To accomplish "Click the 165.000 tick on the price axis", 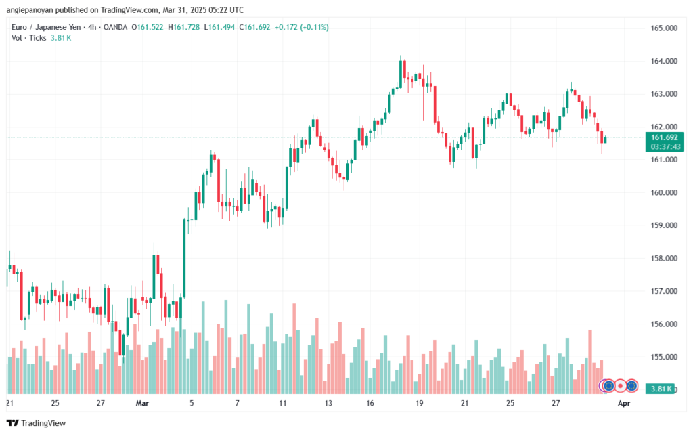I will pyautogui.click(x=664, y=28).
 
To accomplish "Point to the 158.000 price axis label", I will pyautogui.click(x=664, y=258).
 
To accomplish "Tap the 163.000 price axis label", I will pyautogui.click(x=664, y=93).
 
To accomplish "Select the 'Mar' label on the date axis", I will pyautogui.click(x=142, y=403).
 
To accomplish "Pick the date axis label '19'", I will pyautogui.click(x=420, y=403).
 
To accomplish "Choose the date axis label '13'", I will pyautogui.click(x=328, y=403).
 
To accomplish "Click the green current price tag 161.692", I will pyautogui.click(x=664, y=137).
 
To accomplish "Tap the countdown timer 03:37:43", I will pyautogui.click(x=664, y=146).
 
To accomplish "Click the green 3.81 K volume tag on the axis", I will pyautogui.click(x=660, y=389).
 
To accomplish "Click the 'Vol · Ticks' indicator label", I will pyautogui.click(x=29, y=38).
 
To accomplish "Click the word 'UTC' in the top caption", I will pyautogui.click(x=235, y=9).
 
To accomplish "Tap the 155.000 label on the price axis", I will pyautogui.click(x=664, y=357).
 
